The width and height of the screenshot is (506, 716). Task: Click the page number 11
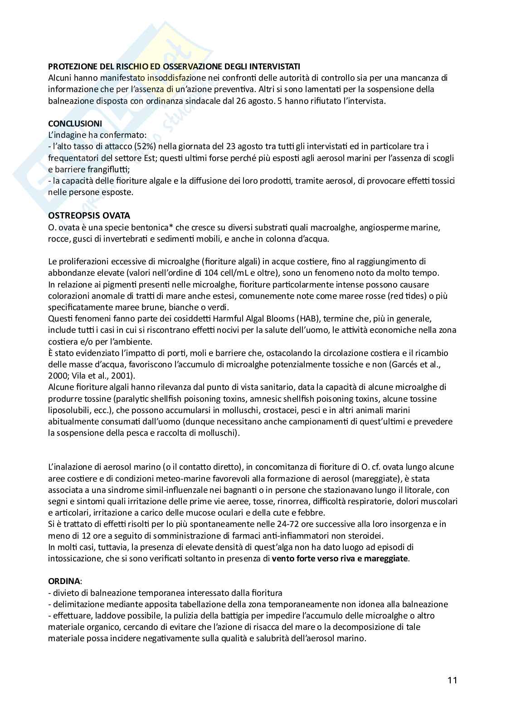tap(452, 680)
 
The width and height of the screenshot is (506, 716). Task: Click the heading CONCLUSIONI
tap(75, 124)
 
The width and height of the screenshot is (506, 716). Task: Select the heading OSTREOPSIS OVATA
tap(89, 215)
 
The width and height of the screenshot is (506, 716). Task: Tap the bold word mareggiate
tap(385, 558)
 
